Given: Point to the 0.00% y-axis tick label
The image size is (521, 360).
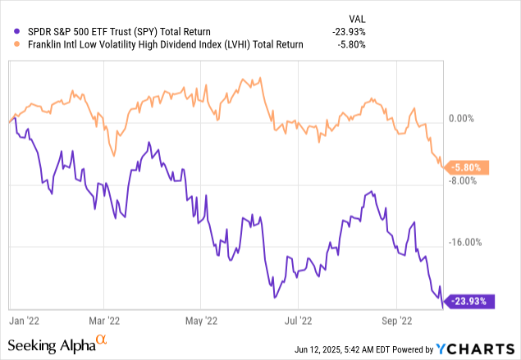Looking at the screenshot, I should pos(473,117).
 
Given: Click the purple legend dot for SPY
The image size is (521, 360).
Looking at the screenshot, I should pos(7,32).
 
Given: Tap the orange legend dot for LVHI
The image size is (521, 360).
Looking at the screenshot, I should pos(7,45).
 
